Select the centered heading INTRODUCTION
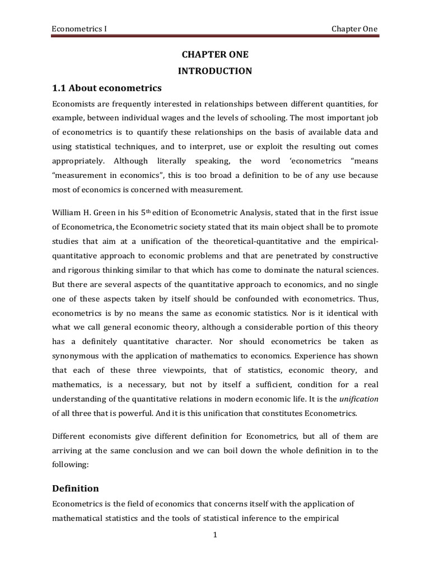point(215,71)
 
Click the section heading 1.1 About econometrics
point(106,88)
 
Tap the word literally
point(184,161)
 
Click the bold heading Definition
point(75,489)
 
